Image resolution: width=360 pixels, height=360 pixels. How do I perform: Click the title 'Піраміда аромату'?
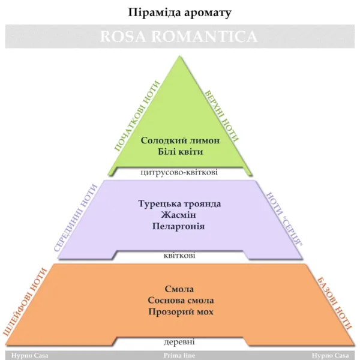179,13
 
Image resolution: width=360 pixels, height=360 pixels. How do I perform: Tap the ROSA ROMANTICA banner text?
179,37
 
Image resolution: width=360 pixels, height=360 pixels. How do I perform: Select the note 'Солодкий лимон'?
180,140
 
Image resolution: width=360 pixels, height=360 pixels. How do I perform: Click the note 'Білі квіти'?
181,152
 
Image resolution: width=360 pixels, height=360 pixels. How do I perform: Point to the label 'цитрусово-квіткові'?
179,172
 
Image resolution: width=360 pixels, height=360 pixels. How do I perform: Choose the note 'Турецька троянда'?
179,203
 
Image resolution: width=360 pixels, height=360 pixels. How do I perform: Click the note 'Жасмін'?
179,215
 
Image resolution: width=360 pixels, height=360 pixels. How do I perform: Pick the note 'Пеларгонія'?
178,226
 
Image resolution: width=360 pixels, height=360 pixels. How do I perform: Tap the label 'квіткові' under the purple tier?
179,256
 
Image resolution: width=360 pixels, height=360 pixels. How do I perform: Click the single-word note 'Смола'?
179,289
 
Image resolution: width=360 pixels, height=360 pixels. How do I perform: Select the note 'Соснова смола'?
181,301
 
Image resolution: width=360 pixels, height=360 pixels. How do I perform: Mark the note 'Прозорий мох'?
181,312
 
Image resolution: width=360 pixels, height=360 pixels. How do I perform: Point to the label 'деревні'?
179,342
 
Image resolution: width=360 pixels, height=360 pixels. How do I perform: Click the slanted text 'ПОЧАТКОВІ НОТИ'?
137,116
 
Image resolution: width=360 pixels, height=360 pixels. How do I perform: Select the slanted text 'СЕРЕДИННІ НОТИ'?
76,218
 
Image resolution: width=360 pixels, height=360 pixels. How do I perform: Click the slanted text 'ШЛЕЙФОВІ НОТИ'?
25,302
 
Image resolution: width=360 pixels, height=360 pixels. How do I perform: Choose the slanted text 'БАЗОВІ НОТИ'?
334,304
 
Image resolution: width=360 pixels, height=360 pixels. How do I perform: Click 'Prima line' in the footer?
179,356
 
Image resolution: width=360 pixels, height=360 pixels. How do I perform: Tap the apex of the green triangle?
179,56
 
